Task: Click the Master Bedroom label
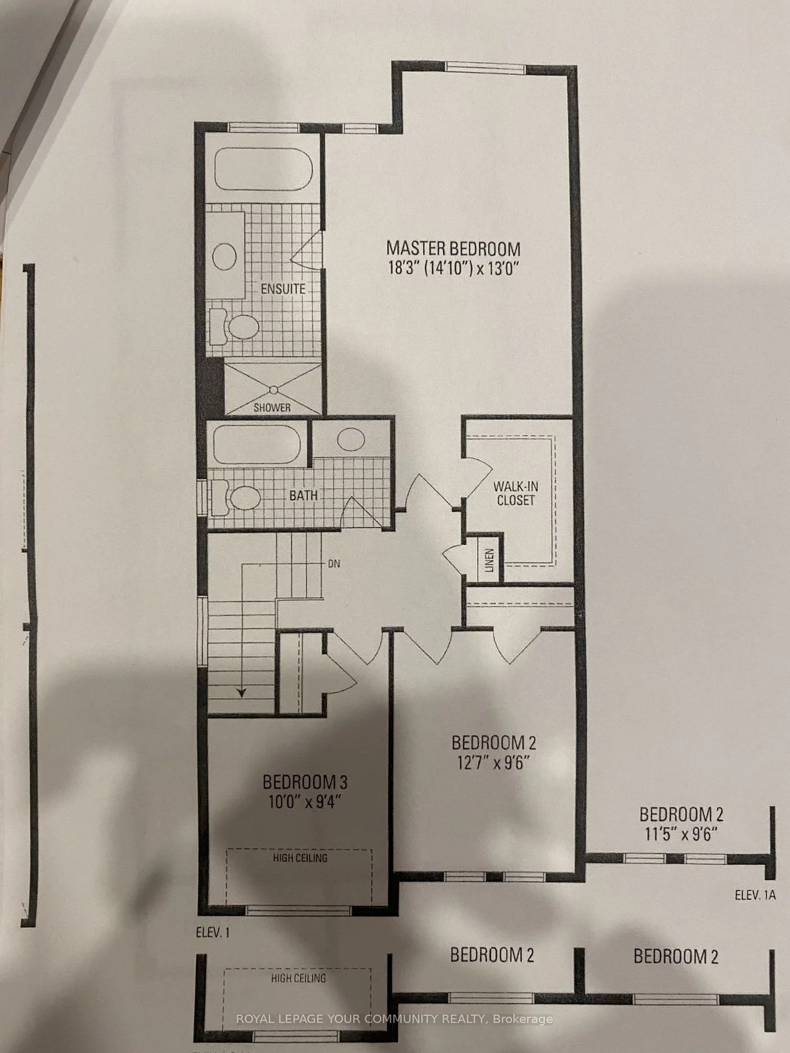pos(453,249)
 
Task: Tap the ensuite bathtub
pos(263,170)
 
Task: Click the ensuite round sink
pos(224,256)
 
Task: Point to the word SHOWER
pos(272,408)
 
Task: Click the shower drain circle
pos(273,389)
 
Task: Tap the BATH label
pos(303,495)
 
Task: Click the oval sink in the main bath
pos(351,439)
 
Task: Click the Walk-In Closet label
pos(515,493)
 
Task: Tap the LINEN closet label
pos(490,560)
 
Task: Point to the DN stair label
pos(334,564)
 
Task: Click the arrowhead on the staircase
pos(241,692)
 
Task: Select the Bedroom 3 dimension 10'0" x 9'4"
pos(305,802)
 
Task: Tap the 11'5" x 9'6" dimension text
pos(681,834)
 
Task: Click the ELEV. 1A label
pos(755,895)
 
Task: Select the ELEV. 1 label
pos(213,932)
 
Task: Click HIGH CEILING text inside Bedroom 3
pos(300,857)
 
